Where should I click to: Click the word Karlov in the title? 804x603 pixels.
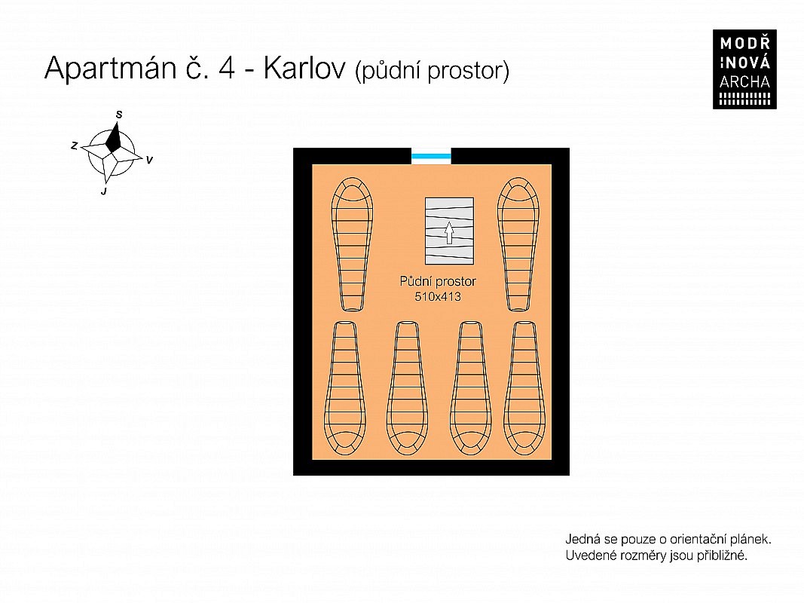coord(304,68)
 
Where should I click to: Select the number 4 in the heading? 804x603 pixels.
coord(227,68)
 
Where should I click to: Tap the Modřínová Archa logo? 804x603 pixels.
coord(744,69)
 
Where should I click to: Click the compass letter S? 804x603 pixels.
coord(119,115)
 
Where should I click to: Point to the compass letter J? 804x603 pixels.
coord(104,191)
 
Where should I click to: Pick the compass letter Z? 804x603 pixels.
coord(75,146)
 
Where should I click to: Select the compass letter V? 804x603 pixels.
coord(149,160)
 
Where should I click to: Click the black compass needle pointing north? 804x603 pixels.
coord(114,136)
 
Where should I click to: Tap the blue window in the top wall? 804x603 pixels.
coord(431,156)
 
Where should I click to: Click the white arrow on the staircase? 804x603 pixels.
coord(449,232)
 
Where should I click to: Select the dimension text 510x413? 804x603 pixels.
coord(438,296)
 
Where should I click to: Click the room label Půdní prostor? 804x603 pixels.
coord(438,281)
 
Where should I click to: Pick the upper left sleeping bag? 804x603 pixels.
coord(352,244)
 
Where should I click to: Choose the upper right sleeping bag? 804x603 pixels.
coord(518,244)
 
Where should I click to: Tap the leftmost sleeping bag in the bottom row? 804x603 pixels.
coord(344,388)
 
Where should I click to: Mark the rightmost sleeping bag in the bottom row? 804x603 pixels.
coord(524,388)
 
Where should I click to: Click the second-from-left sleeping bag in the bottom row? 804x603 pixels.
coord(408,388)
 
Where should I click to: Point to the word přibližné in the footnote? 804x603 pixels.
coord(722,556)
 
